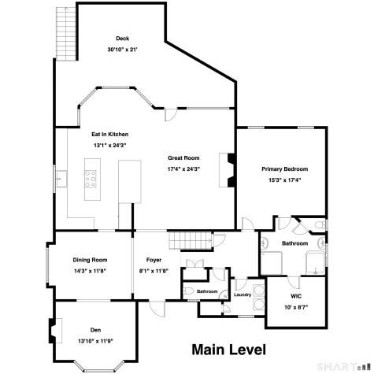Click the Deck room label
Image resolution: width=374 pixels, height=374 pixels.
click(123, 39)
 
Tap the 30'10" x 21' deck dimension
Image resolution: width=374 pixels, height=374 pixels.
click(123, 50)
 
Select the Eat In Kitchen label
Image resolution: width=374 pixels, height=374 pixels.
click(110, 135)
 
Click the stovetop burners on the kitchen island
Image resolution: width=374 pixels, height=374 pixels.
click(91, 179)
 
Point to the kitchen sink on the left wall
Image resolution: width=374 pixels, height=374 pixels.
click(61, 179)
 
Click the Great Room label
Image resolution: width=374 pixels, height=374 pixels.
click(183, 158)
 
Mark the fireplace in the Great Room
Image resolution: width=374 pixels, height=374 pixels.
click(227, 170)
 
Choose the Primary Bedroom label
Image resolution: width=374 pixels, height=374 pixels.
click(285, 169)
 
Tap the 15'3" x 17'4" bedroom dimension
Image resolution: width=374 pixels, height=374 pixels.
click(285, 180)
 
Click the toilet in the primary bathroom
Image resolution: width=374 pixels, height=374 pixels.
click(320, 225)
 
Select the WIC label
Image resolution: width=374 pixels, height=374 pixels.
click(296, 296)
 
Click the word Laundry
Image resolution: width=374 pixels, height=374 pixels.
click(243, 294)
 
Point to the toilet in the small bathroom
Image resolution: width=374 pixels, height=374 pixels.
click(189, 291)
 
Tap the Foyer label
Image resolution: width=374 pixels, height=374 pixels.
click(154, 260)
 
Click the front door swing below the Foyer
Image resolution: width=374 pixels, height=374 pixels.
click(157, 308)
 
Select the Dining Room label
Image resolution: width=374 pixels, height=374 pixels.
click(90, 260)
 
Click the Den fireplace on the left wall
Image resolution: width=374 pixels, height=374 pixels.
click(55, 331)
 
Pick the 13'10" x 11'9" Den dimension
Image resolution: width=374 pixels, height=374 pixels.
click(95, 341)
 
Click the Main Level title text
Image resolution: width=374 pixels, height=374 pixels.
click(229, 350)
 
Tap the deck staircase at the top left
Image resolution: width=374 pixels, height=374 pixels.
click(66, 34)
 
